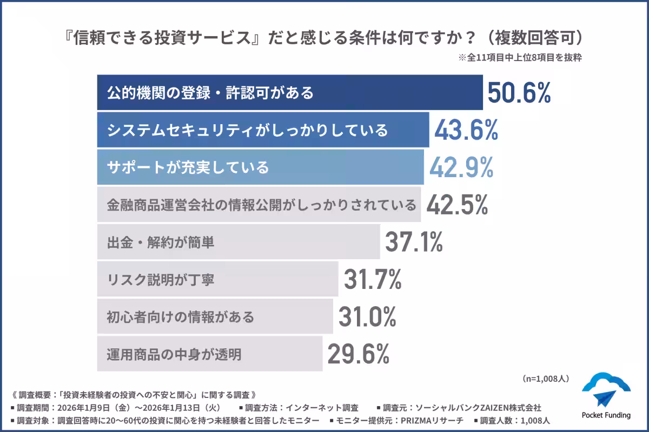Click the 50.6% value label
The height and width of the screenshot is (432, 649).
pos(519,93)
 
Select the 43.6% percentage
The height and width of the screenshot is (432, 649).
pos(466,130)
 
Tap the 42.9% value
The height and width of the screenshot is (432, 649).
pos(461,167)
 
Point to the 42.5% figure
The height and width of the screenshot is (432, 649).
pos(458,205)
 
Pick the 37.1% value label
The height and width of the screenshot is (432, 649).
pos(414,242)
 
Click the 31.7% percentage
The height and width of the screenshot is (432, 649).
pos(373,279)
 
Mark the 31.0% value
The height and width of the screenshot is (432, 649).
pos(367,316)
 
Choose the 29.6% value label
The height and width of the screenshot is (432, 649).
pos(358,354)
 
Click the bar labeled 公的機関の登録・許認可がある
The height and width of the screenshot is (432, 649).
pos(290,93)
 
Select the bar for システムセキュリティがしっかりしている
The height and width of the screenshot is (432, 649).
pos(263,130)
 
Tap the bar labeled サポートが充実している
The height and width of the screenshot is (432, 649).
pos(260,167)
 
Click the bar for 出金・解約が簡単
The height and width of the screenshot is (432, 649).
pos(239,242)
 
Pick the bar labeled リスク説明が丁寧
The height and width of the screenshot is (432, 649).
pos(217,279)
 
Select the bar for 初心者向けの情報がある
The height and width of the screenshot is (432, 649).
pos(215,316)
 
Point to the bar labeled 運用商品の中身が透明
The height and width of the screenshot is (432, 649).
pos(210,354)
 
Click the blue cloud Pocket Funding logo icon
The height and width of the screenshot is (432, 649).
pos(606,390)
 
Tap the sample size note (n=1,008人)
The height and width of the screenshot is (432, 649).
pos(545,379)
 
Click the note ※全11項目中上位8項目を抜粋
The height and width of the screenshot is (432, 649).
pos(520,58)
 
